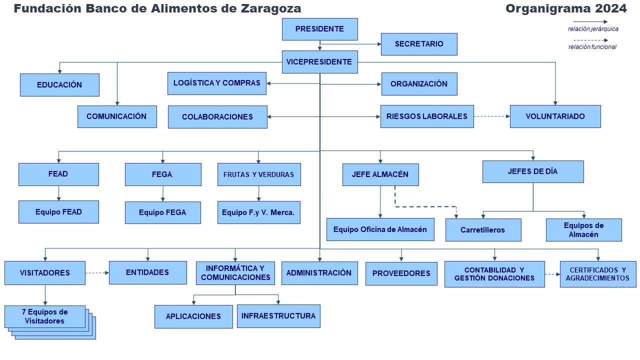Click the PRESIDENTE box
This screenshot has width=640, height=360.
click(319, 29)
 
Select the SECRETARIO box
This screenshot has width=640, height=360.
click(419, 44)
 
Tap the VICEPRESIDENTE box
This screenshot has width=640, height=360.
click(319, 62)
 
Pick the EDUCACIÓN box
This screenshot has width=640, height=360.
click(59, 85)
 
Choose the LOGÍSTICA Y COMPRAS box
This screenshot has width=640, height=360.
click(217, 83)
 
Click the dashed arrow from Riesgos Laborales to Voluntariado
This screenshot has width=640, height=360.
click(491, 116)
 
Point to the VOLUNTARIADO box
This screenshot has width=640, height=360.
click(555, 116)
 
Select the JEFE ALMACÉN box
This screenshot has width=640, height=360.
click(380, 174)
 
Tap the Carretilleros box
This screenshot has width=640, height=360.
click(483, 230)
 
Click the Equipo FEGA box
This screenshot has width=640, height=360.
click(163, 212)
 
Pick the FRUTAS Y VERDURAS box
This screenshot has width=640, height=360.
click(259, 174)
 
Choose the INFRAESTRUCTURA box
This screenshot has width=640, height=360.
click(278, 316)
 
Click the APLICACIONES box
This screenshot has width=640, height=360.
click(193, 316)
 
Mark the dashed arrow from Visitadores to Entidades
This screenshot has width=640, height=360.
click(97, 273)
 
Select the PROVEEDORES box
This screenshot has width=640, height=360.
click(401, 273)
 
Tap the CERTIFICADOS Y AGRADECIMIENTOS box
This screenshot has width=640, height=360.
click(597, 274)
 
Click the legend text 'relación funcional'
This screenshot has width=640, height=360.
click(592, 47)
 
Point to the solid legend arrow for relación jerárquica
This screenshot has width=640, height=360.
click(590, 21)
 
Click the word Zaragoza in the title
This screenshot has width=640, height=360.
click(271, 8)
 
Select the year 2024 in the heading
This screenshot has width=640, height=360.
click(611, 8)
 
